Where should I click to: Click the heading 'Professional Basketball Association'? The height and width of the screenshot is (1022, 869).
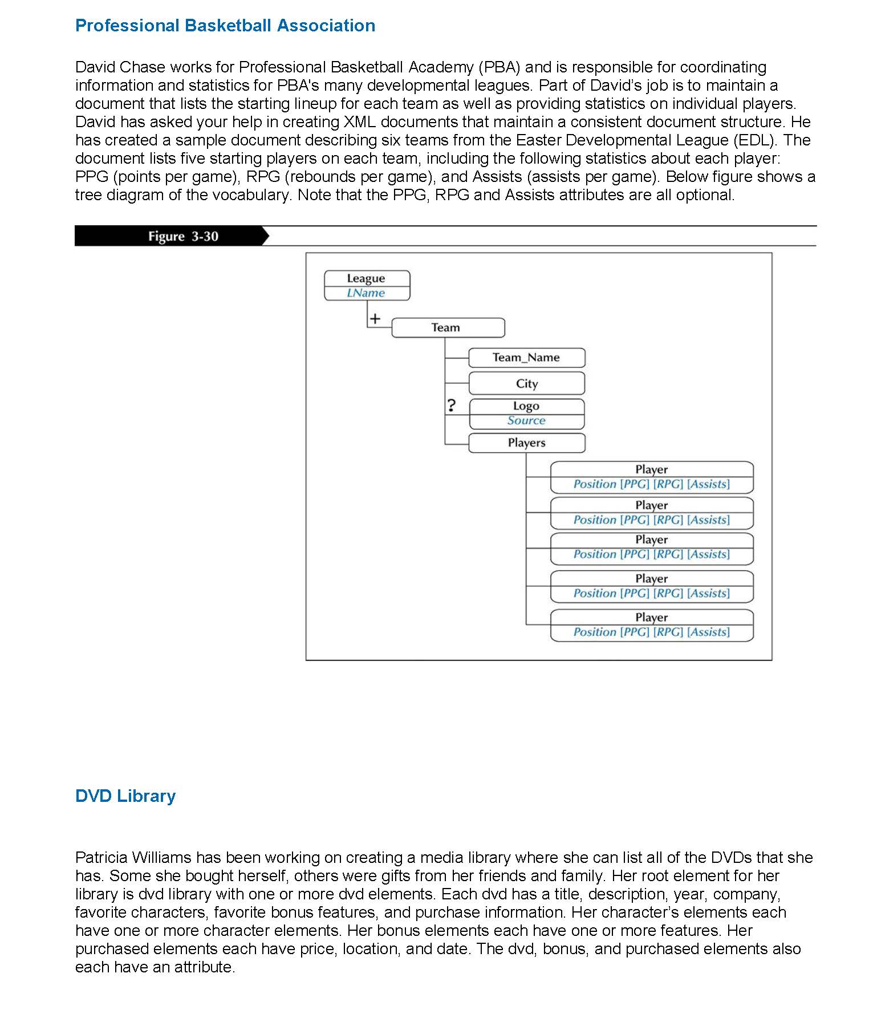point(225,26)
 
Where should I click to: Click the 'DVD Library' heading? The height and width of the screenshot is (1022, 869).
point(125,796)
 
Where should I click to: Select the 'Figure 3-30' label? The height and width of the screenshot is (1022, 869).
point(183,237)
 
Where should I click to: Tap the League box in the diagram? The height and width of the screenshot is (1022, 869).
point(366,278)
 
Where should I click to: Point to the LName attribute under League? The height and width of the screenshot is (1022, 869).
point(366,293)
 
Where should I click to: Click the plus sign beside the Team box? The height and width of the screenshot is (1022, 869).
point(375,319)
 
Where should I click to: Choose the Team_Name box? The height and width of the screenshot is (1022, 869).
point(526,358)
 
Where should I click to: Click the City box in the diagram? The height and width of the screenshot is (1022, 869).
point(526,384)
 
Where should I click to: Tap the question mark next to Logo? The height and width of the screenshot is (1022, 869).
point(452,405)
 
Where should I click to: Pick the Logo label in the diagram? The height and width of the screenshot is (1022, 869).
point(526,406)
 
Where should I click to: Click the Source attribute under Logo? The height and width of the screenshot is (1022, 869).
point(526,421)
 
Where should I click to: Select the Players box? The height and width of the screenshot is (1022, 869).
point(526,443)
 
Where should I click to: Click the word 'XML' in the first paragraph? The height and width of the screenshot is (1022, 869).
point(359,122)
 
